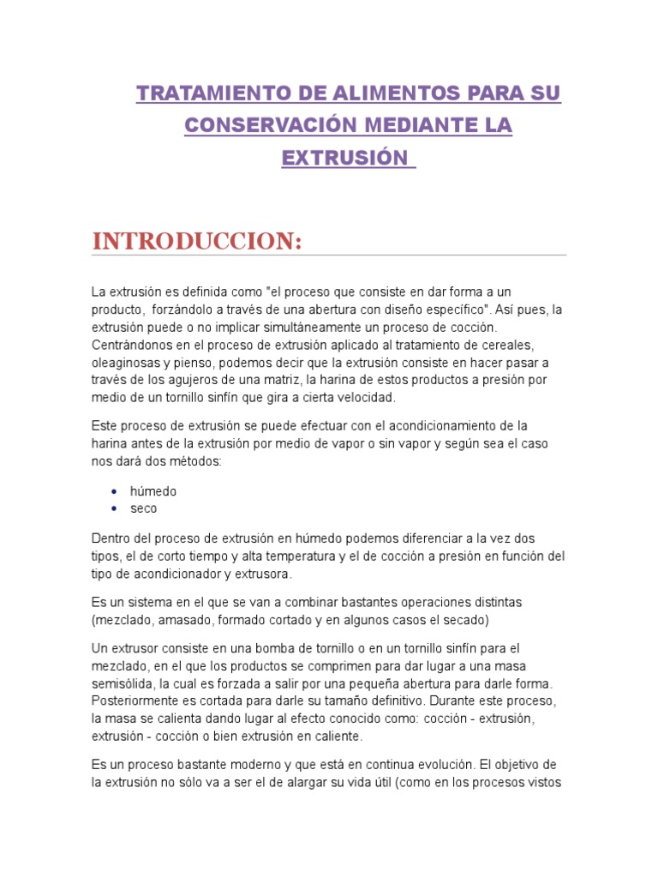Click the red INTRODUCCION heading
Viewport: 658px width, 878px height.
197,242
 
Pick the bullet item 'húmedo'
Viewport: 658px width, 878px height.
153,491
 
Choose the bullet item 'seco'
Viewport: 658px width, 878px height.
144,508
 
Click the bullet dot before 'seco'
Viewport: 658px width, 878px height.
115,508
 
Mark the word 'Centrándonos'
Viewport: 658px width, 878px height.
131,345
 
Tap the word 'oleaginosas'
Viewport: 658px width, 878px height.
125,362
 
